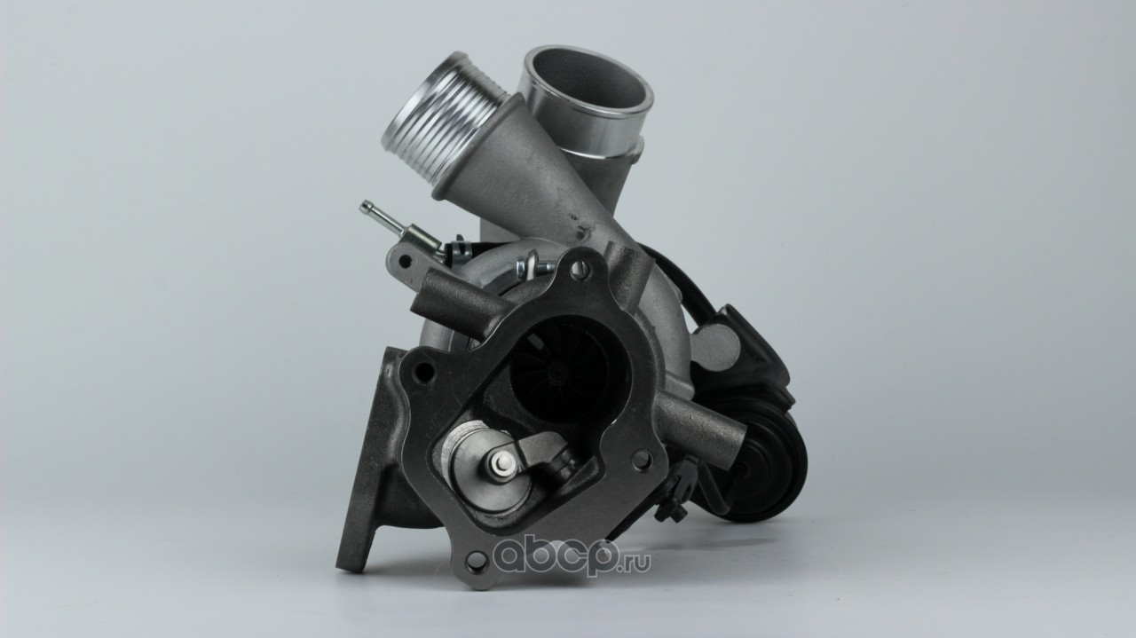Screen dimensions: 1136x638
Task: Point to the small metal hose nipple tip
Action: coord(363,207)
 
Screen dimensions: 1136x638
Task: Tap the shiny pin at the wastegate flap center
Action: coord(500,462)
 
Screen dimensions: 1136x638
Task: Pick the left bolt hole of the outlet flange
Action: coord(423,372)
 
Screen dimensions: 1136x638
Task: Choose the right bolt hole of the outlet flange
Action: coord(641,461)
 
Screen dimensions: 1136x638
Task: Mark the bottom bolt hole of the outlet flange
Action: coord(475,561)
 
